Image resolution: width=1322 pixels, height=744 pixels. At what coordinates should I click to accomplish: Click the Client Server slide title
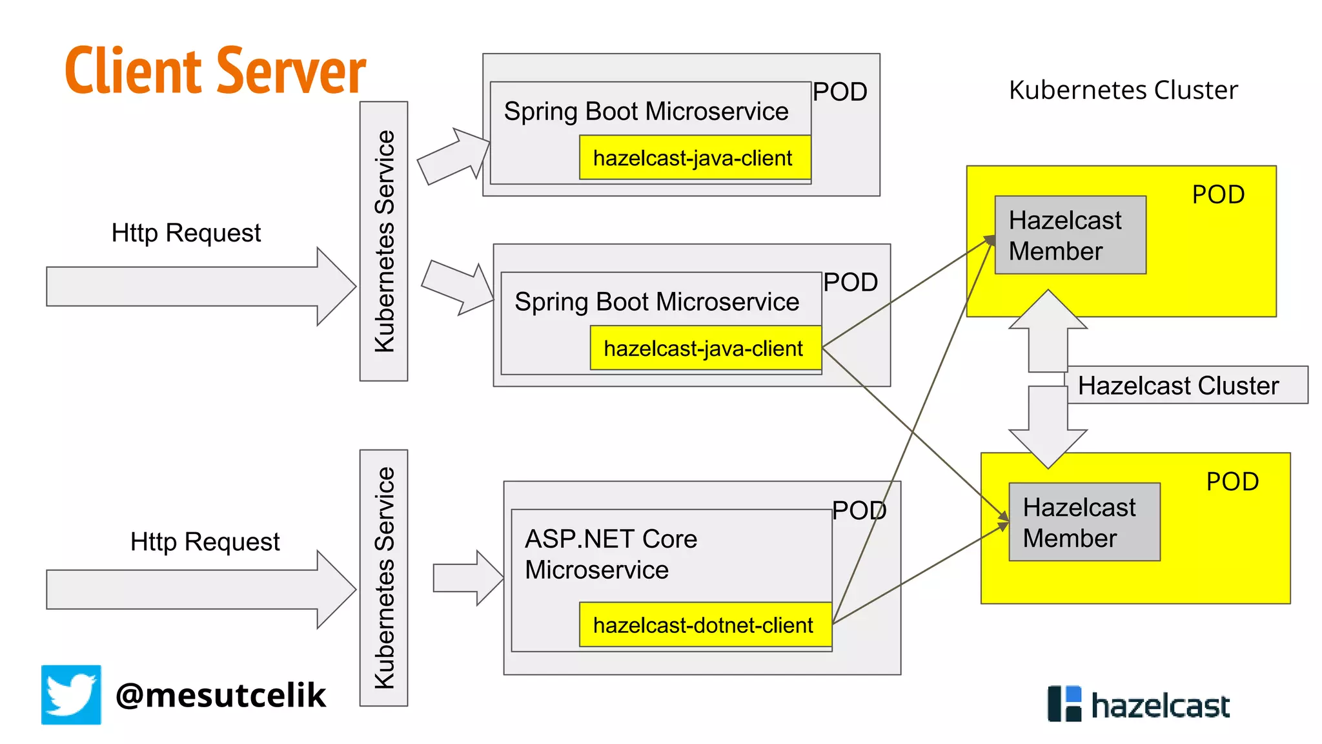click(215, 70)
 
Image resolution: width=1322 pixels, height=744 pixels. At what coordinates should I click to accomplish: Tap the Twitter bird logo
click(71, 694)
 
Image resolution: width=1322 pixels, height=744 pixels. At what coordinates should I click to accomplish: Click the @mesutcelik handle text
click(221, 696)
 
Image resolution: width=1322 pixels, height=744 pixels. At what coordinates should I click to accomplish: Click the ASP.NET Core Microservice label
click(611, 554)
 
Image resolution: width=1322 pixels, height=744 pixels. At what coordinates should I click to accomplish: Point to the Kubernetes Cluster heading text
click(1123, 90)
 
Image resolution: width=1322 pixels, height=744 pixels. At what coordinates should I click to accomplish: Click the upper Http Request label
click(186, 232)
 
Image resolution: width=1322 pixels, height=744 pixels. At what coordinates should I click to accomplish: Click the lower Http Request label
click(205, 541)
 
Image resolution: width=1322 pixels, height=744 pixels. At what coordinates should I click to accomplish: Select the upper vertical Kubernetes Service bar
click(383, 241)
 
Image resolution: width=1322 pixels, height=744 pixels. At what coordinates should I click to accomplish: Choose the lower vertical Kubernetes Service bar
click(383, 577)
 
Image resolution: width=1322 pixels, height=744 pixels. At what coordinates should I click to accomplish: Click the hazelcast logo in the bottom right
click(1139, 704)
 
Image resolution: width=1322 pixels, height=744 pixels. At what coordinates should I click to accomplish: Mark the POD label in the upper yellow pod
click(1217, 194)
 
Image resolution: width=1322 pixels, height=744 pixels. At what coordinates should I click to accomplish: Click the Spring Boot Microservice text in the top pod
click(646, 111)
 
